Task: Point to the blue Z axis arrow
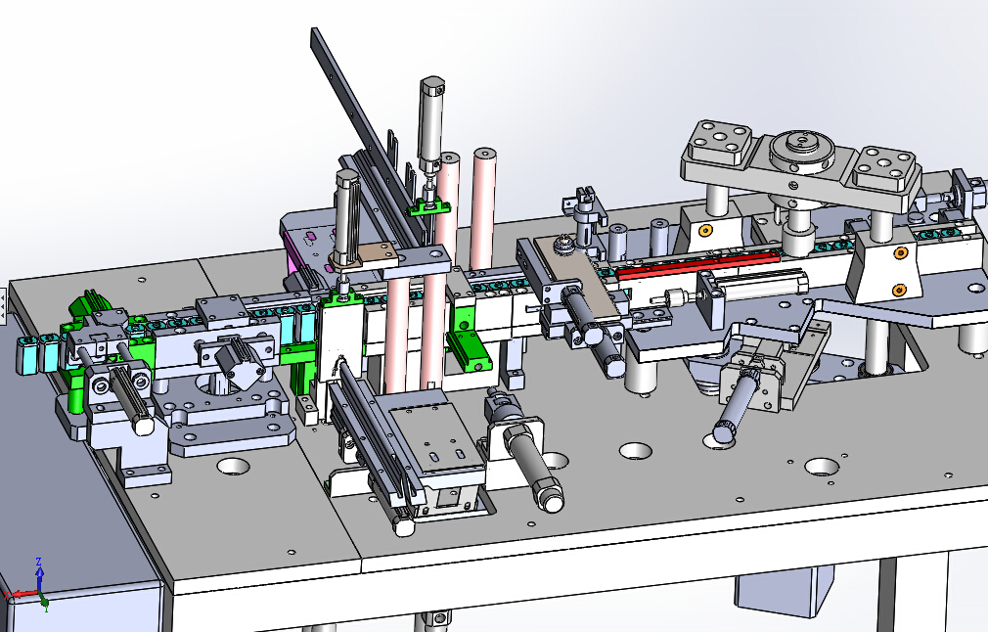pyautogui.click(x=40, y=572)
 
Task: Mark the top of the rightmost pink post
pyautogui.click(x=484, y=155)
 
